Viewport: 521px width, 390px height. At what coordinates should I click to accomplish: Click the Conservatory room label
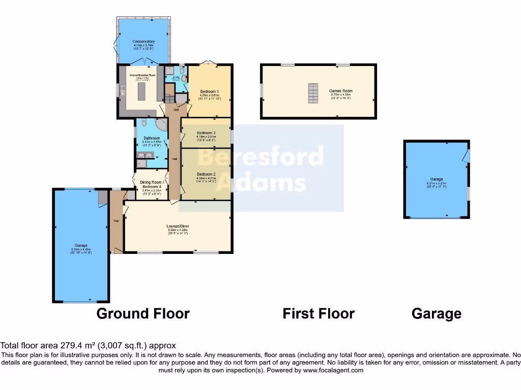click(143, 41)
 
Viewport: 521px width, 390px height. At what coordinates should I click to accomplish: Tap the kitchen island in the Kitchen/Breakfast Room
click(141, 92)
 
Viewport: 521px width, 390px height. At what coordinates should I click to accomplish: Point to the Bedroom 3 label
click(207, 133)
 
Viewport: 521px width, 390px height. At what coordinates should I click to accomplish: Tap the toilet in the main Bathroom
click(144, 123)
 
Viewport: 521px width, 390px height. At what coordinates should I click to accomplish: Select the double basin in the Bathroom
click(144, 155)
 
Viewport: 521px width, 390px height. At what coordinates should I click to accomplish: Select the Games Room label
click(341, 91)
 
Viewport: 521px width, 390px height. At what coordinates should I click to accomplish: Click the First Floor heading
click(319, 314)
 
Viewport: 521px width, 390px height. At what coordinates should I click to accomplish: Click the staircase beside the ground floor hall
click(170, 95)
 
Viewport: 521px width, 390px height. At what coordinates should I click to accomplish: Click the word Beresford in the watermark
click(260, 157)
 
